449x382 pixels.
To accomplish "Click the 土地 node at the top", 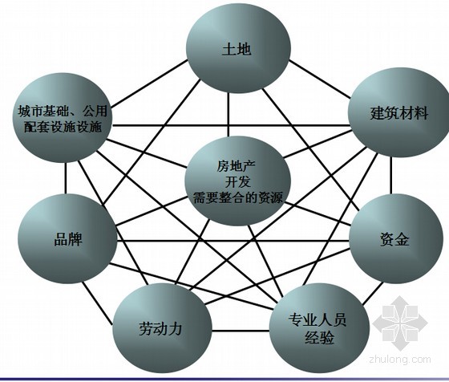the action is [238, 48].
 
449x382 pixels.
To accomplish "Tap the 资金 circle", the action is [395, 238].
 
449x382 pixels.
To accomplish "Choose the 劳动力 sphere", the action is [162, 328].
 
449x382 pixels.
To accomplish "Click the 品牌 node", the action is [67, 238].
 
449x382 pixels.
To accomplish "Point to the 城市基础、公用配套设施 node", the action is [63, 117].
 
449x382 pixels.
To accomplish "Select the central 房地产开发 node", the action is [237, 181].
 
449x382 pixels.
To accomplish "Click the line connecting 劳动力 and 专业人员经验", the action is [241, 331].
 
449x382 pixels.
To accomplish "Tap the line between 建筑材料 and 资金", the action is [391, 176].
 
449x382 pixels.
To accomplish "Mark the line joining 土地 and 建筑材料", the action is [319, 79].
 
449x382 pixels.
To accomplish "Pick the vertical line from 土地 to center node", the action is [229, 115].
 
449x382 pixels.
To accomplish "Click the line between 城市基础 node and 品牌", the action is [66, 178].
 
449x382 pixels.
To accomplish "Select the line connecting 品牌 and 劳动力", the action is [97, 303].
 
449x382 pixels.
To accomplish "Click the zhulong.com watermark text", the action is [400, 360].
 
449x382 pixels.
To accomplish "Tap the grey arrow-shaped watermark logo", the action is [400, 323].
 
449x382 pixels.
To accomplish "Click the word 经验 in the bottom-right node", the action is [319, 337].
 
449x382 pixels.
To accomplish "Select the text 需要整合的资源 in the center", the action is [238, 197].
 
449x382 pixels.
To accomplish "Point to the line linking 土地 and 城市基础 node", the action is [148, 84].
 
